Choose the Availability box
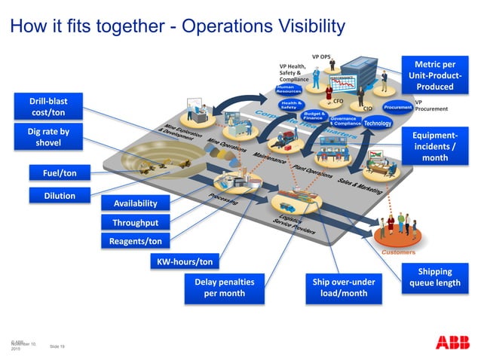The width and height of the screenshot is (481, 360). coord(135,203)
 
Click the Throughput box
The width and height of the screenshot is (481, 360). coord(135,223)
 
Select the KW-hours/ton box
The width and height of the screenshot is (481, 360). coord(185,261)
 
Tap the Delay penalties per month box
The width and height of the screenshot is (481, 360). coord(225,288)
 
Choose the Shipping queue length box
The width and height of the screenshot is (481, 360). coord(434,277)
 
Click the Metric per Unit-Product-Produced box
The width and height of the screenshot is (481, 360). coord(434,75)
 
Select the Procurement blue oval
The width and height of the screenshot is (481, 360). coord(397,108)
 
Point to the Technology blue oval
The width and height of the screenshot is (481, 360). coord(377,123)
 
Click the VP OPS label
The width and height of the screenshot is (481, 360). coord(321,56)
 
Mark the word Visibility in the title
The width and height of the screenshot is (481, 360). coord(305,26)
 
